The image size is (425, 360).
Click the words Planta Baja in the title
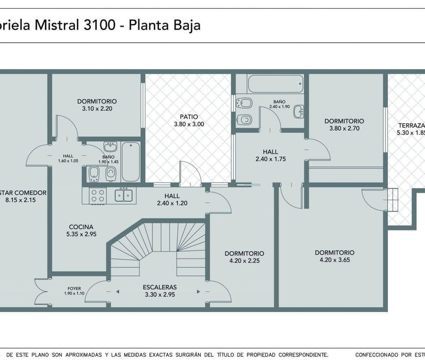[x=164, y=25]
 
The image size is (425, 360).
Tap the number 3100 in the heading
[x=97, y=25]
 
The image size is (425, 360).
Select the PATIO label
[x=188, y=116]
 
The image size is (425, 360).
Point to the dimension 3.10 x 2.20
[x=97, y=109]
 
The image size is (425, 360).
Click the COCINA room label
[x=81, y=227]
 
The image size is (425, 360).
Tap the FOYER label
[x=74, y=288]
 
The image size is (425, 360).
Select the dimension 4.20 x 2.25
[x=244, y=261]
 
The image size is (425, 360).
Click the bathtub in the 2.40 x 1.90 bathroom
[x=275, y=84]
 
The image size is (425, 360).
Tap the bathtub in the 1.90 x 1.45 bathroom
[x=130, y=162]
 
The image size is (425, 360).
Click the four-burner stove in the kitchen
[x=98, y=195]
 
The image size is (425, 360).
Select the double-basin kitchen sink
[x=123, y=195]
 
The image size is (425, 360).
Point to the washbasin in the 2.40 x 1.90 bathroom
[x=298, y=111]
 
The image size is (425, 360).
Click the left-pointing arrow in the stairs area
[x=117, y=292]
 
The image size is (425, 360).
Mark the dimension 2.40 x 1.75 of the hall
[x=270, y=159]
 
